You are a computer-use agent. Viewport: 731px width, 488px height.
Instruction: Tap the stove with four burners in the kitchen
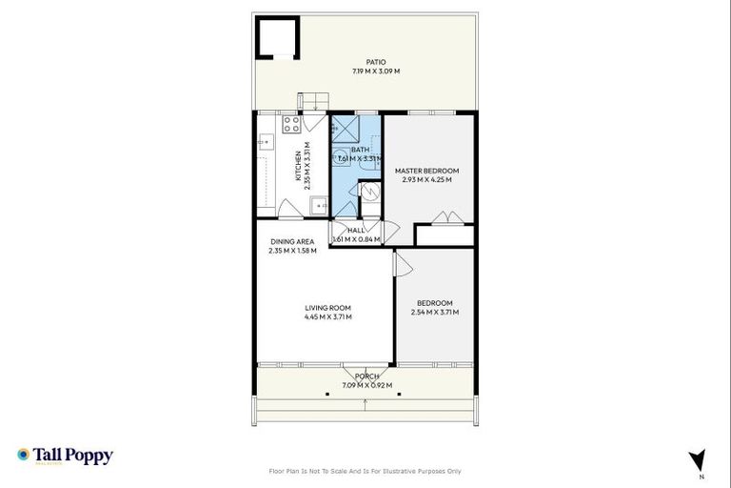pos(291,124)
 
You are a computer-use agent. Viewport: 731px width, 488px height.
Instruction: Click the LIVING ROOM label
pos(327,308)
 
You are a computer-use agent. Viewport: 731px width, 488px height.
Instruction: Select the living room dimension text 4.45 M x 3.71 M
pos(327,316)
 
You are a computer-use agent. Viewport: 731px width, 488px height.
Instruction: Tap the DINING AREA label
pos(292,241)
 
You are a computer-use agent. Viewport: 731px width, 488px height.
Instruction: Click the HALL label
pos(356,231)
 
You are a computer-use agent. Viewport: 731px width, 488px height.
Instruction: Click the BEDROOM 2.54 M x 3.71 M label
pos(434,307)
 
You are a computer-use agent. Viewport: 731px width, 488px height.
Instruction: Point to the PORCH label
pos(366,376)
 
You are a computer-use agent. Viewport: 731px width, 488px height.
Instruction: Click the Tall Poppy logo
pos(65,456)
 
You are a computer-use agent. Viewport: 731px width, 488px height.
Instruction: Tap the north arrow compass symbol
pos(698,458)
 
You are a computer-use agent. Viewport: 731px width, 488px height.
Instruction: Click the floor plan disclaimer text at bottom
pos(365,471)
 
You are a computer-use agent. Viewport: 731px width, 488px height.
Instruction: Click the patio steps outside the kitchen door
pos(314,100)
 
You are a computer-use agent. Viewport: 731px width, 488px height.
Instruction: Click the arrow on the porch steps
pos(365,404)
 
